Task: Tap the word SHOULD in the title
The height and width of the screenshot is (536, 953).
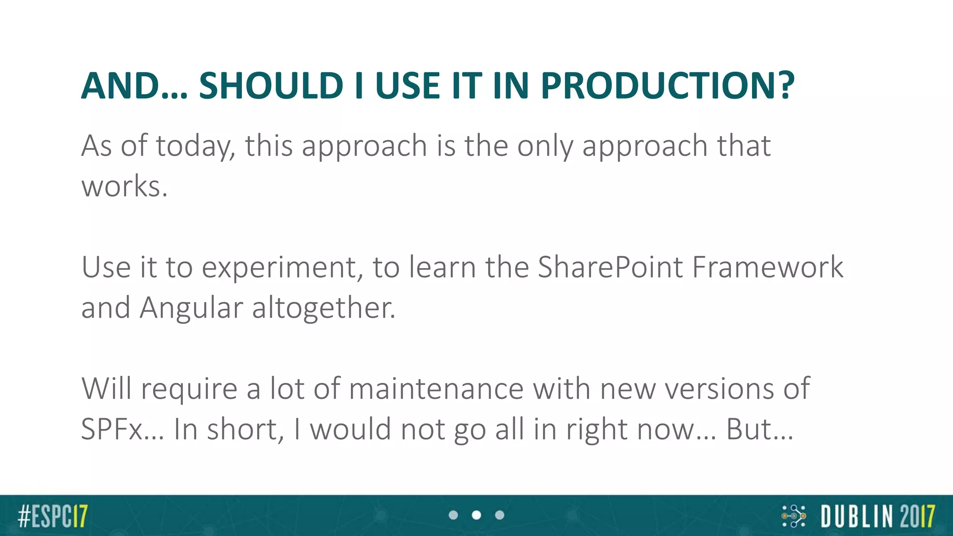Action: (271, 86)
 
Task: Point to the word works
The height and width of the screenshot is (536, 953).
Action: (124, 187)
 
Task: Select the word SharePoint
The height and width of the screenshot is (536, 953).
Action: (610, 268)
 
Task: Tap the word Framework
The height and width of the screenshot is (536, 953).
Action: (768, 268)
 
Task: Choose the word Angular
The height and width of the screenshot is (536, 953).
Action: (191, 308)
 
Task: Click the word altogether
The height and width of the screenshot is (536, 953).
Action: (323, 308)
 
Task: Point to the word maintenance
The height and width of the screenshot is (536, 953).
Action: (436, 389)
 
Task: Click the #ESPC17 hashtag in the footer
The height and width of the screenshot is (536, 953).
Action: (53, 516)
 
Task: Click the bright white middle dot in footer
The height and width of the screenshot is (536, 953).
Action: (476, 515)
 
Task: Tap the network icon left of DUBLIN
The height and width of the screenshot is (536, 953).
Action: (793, 516)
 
